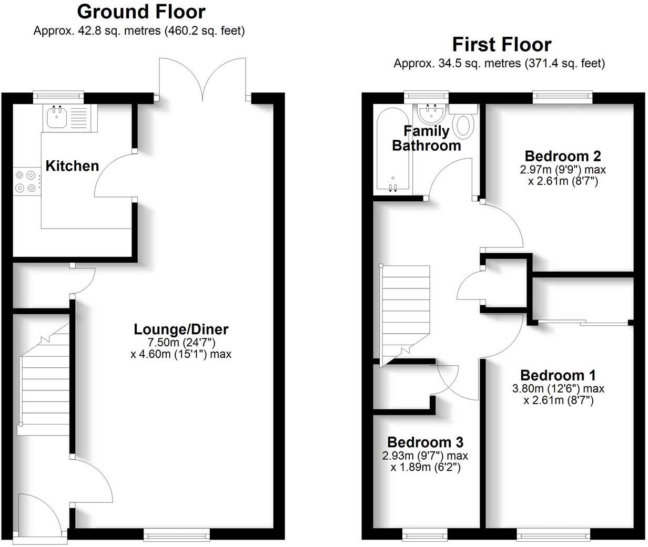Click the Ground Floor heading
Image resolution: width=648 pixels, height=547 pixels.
(141, 12)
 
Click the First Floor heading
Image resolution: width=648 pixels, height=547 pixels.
(501, 45)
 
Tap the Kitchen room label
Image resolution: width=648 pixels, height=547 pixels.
(72, 166)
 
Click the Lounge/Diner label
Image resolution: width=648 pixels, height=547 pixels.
(181, 329)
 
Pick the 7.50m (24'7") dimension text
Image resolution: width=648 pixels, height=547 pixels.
(181, 342)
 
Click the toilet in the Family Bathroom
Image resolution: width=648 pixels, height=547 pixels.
(463, 125)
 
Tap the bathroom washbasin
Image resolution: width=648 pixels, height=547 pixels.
(431, 112)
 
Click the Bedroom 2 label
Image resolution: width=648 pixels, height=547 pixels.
(563, 156)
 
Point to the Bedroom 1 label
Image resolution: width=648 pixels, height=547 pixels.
(558, 375)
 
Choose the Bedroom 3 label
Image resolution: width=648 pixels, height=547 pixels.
(426, 442)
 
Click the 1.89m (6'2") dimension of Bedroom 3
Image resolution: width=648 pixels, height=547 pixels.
(426, 467)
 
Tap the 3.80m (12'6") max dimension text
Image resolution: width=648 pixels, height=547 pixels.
(558, 389)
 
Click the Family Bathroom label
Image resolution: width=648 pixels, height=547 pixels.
(427, 138)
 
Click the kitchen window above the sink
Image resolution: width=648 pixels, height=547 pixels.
(58, 96)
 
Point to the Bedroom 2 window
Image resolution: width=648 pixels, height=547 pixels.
(562, 96)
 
